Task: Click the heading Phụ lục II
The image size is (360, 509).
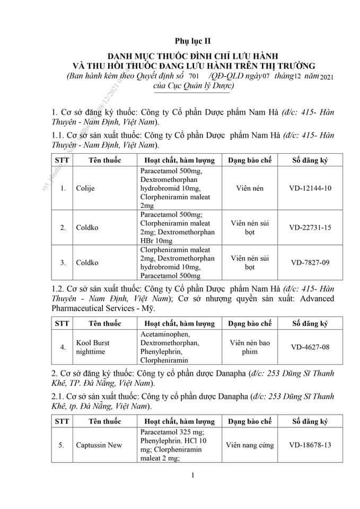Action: click(189, 41)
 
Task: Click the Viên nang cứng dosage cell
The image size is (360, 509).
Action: click(249, 444)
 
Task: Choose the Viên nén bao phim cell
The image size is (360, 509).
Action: click(249, 347)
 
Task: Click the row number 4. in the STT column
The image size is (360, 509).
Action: click(63, 347)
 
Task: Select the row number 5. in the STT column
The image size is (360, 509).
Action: click(63, 444)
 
